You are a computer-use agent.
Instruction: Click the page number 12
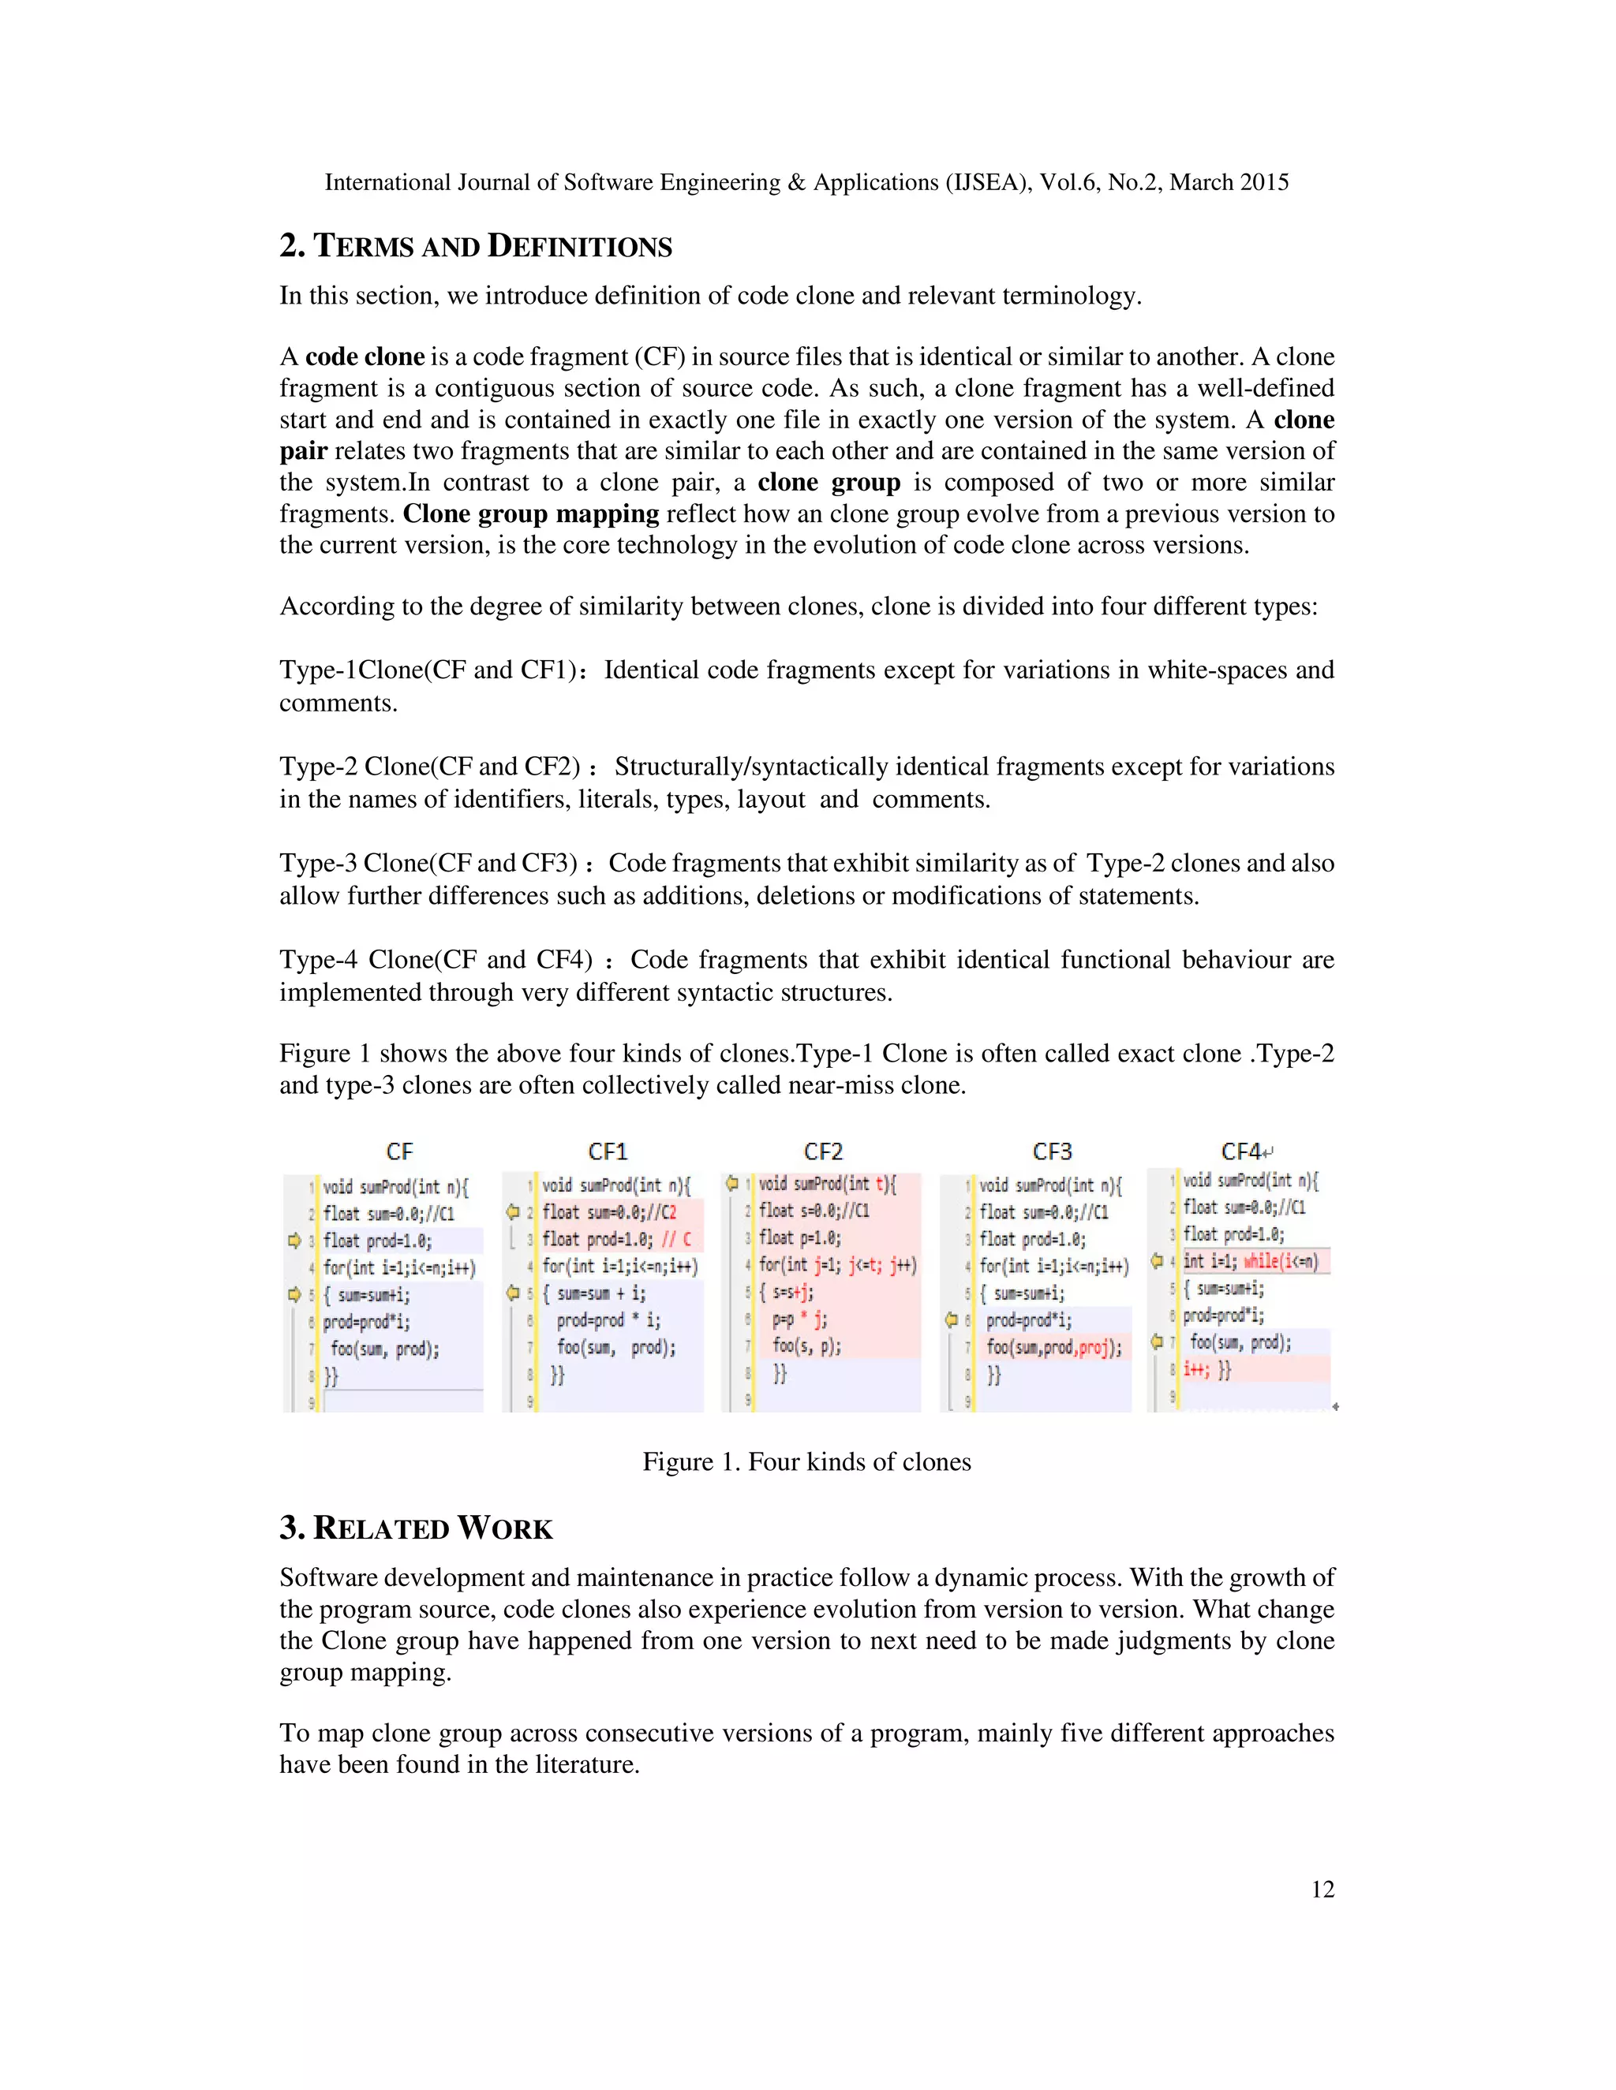[1322, 1889]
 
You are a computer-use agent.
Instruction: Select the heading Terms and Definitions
[476, 246]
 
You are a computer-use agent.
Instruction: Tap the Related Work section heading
[417, 1528]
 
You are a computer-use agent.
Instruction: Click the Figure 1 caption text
[806, 1461]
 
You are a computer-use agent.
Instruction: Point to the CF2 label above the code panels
[822, 1151]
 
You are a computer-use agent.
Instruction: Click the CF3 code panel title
[1051, 1151]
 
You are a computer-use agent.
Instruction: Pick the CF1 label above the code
[607, 1151]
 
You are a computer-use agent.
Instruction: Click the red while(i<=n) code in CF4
[1280, 1261]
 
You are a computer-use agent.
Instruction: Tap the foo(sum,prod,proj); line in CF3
[1054, 1347]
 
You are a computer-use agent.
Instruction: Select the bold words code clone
[365, 357]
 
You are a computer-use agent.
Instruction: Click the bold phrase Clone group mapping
[530, 514]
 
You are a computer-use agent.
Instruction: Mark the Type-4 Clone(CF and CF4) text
[436, 960]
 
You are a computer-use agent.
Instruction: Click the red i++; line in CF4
[1197, 1368]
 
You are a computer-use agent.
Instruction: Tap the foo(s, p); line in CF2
[806, 1345]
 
